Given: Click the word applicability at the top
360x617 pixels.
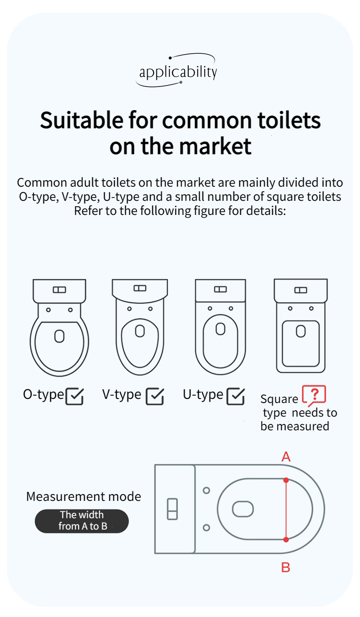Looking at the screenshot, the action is [178, 72].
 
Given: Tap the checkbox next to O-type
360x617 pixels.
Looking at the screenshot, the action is [75, 396].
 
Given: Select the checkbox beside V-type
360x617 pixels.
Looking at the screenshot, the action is [155, 396].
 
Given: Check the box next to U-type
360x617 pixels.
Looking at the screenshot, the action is [236, 396].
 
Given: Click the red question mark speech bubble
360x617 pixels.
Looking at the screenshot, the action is [314, 395].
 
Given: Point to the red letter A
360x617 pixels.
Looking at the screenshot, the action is [286, 457].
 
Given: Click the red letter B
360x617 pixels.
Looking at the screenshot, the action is [286, 567].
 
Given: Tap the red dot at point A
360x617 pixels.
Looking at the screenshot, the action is [286, 480].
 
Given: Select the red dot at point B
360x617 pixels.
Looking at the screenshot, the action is [286, 540].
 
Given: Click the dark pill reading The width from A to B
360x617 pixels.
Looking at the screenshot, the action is [82, 521].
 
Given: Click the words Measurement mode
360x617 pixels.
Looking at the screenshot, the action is [83, 497].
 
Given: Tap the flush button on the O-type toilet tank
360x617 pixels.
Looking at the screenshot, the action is [59, 290].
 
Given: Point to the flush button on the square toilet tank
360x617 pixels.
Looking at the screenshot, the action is [301, 290].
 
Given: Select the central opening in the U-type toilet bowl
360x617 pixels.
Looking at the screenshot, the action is [220, 329].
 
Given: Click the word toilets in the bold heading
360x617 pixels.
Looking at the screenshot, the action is [289, 121].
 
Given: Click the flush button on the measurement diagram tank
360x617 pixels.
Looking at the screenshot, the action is [172, 509].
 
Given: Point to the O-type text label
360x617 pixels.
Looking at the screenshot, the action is [43, 395].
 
